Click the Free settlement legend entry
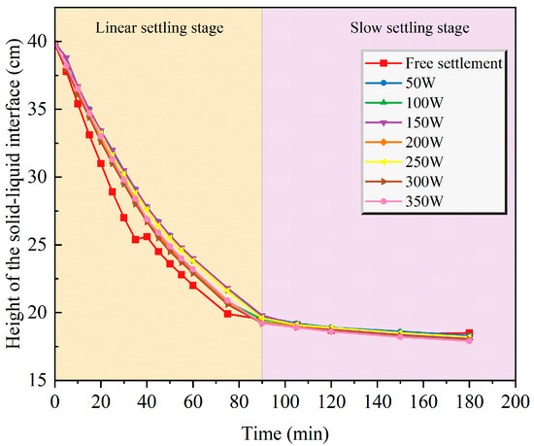click(434, 63)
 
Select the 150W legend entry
click(404, 122)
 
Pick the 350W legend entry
click(404, 201)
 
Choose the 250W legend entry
click(404, 162)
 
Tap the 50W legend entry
click(400, 83)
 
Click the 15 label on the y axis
click(38, 380)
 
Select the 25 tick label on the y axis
click(38, 245)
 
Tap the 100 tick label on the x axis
click(285, 402)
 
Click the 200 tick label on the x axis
click(515, 402)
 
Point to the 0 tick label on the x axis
click(54, 402)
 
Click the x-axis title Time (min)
click(285, 433)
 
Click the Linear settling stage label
click(159, 28)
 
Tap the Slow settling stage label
click(410, 28)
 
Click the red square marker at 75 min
click(227, 314)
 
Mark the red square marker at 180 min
click(469, 333)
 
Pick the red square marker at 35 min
click(136, 239)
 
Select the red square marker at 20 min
click(101, 163)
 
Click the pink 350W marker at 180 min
click(469, 340)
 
